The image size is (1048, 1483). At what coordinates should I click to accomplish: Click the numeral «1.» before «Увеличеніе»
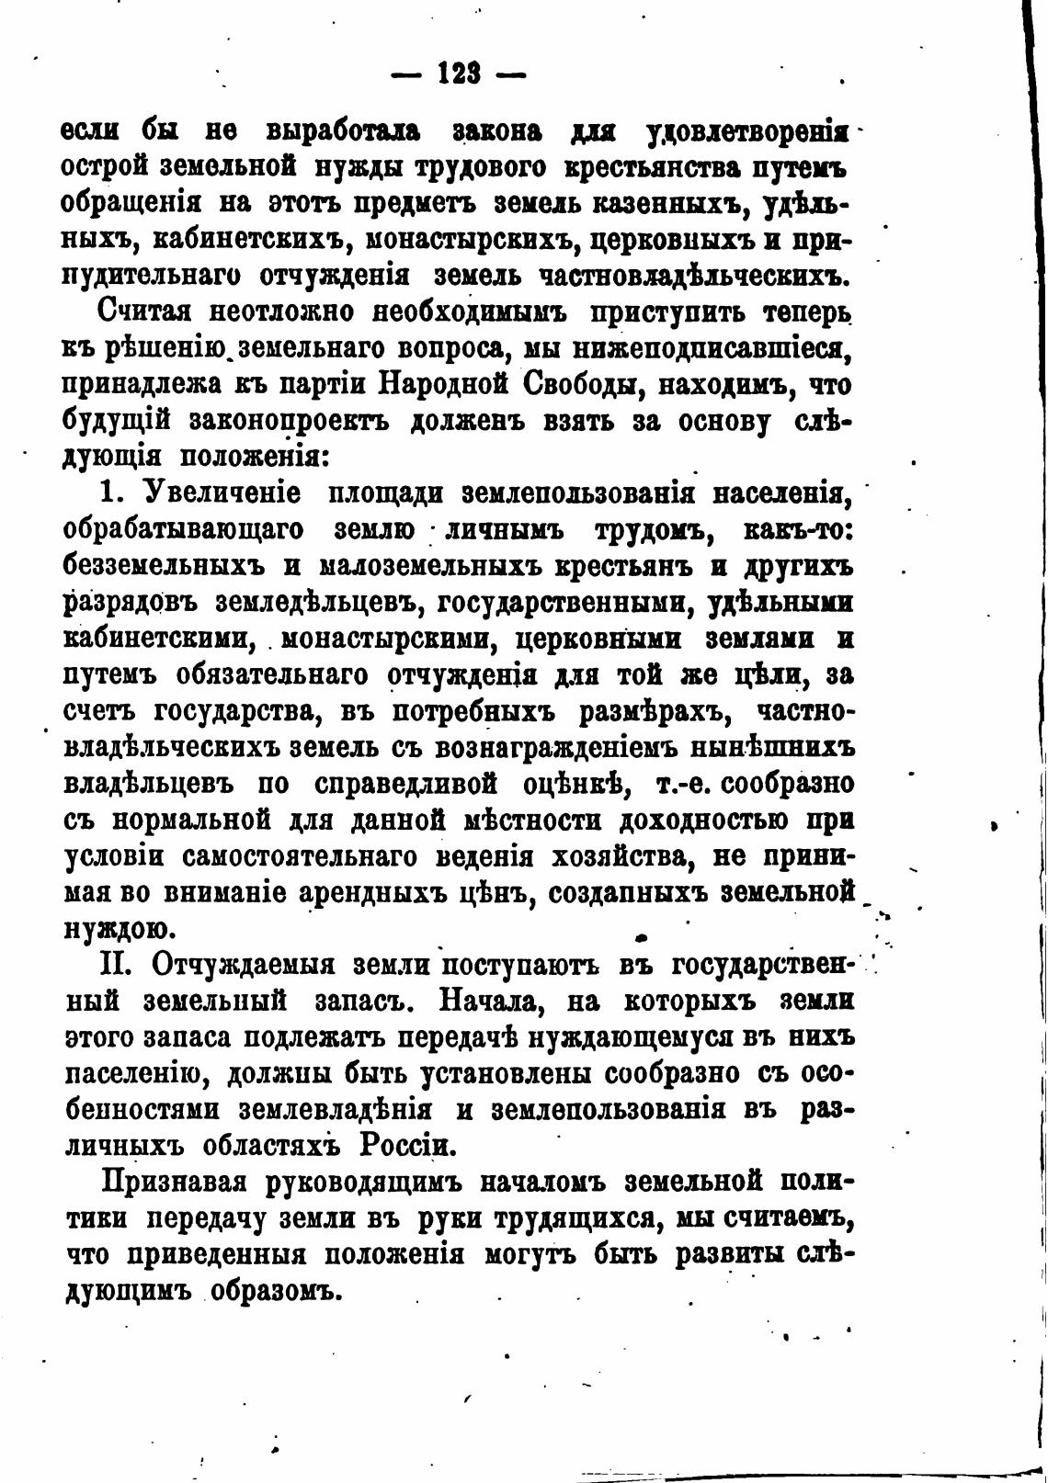[x=111, y=493]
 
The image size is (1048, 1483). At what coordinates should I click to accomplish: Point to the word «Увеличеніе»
[x=222, y=493]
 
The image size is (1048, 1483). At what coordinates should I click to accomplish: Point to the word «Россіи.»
[x=408, y=1145]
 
